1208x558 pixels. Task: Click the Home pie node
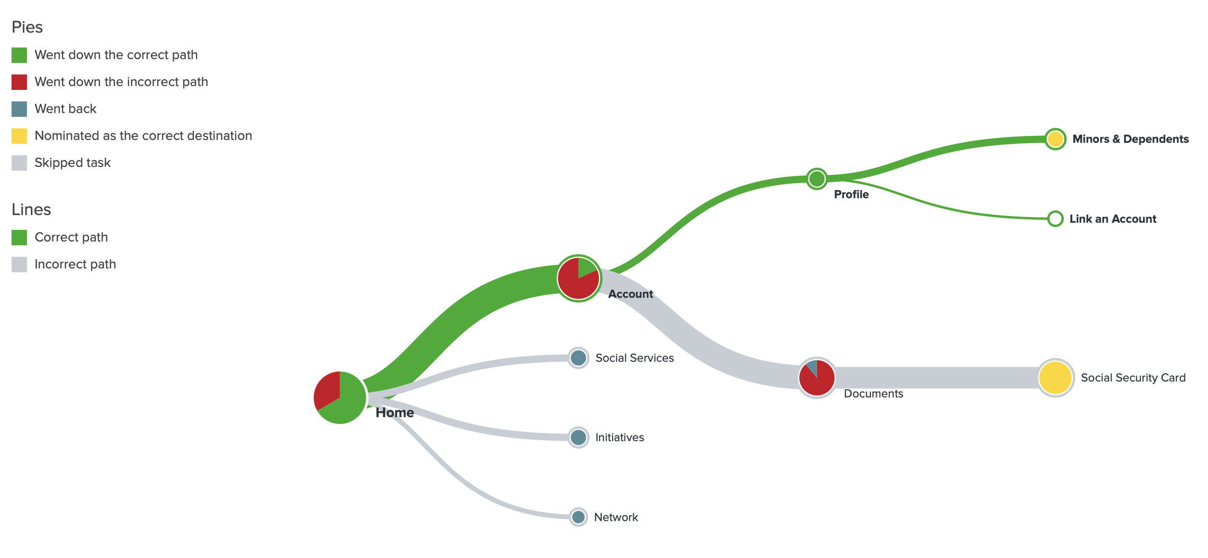(340, 397)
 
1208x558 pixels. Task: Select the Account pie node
(578, 278)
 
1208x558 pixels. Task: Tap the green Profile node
(817, 179)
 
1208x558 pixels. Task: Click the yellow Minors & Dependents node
(1055, 139)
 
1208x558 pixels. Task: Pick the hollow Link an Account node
(1055, 219)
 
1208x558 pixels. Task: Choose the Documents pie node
(817, 378)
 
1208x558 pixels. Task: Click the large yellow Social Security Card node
(1055, 378)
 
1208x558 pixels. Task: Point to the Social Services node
(578, 358)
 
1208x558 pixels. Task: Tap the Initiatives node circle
(578, 437)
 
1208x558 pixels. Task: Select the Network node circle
(578, 517)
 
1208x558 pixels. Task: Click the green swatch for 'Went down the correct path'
(19, 55)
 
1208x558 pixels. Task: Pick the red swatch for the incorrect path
(19, 82)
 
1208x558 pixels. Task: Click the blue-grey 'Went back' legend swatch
(19, 109)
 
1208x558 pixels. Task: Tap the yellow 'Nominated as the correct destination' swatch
(19, 136)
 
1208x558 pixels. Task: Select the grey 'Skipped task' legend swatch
(19, 163)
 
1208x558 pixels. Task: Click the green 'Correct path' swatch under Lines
(19, 237)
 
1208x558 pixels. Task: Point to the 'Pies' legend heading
(27, 28)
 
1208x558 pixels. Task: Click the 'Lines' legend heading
(31, 209)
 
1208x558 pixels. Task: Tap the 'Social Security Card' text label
(1133, 378)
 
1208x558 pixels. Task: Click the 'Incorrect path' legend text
(75, 264)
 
